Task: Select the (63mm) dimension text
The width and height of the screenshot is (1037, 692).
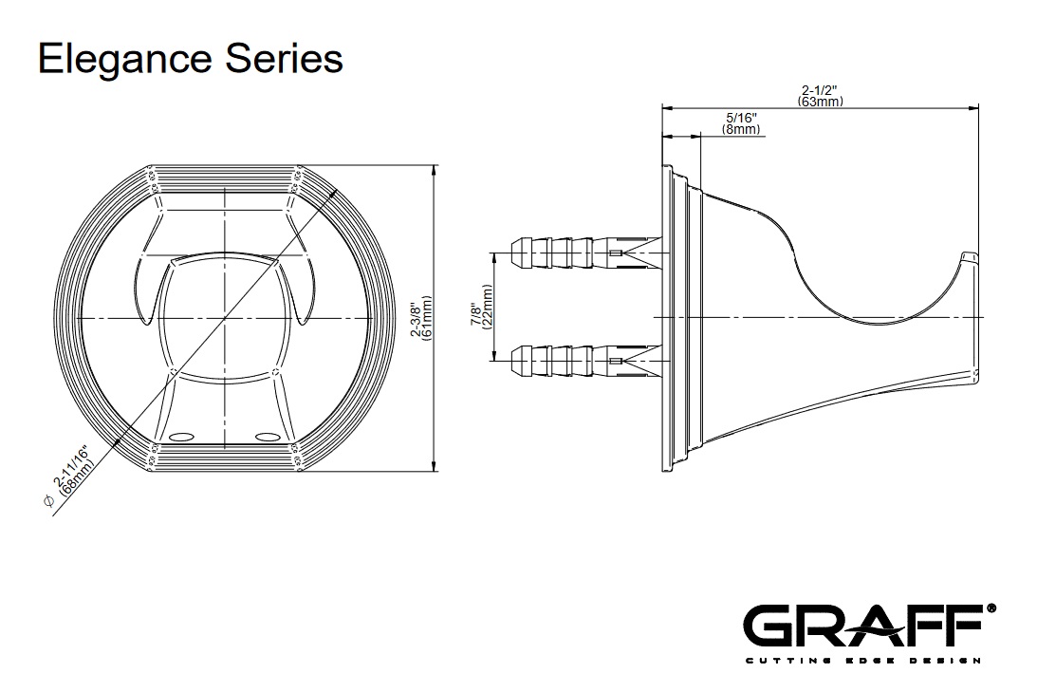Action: click(821, 102)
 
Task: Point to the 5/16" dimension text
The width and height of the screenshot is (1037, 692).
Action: click(741, 118)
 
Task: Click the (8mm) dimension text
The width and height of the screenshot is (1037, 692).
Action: click(741, 129)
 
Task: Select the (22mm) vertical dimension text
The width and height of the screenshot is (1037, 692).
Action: click(488, 307)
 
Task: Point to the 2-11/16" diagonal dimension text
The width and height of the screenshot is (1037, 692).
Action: click(71, 468)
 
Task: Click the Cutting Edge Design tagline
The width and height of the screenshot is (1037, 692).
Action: click(861, 660)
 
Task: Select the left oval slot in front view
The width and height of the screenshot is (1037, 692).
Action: click(180, 438)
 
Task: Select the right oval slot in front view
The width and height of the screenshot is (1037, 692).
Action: click(268, 438)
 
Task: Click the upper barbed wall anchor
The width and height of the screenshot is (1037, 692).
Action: click(569, 253)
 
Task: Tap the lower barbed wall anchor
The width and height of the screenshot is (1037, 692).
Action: click(569, 361)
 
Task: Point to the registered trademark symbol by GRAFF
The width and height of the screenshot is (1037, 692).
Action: click(991, 607)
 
